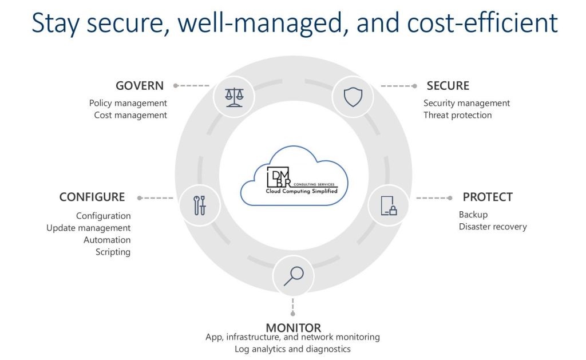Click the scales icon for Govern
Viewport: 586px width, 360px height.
coord(233,96)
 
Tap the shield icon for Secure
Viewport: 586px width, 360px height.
coord(353,97)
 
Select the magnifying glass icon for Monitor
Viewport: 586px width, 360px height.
coord(293,276)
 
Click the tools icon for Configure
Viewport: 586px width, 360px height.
coord(200,205)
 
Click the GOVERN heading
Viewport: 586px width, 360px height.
coord(140,86)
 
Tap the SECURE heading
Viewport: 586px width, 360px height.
coord(448,86)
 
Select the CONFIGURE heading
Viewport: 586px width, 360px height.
coord(92,197)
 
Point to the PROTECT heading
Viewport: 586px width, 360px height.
coord(488,197)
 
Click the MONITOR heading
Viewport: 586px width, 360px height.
coord(293,328)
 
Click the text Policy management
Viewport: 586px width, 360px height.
coord(128,103)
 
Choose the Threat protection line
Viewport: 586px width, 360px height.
coord(457,115)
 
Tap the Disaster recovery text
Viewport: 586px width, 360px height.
coord(493,226)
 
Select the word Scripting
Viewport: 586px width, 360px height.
coord(113,252)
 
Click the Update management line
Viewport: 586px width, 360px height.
coord(89,228)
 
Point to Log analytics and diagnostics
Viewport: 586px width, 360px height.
coord(292,349)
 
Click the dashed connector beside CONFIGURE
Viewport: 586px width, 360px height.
coord(155,198)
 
